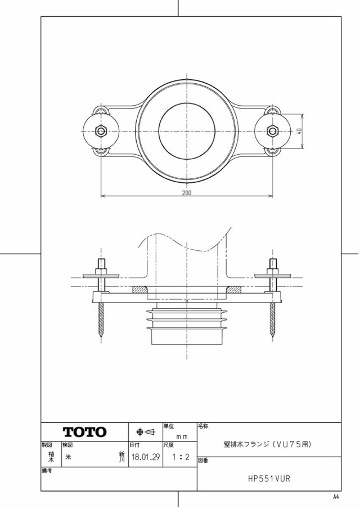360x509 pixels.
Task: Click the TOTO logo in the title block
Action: point(84,432)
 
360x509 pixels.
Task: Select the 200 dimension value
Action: point(187,192)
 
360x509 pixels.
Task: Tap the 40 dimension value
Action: point(299,131)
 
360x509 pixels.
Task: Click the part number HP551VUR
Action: point(269,478)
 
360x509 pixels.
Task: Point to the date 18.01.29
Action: point(146,457)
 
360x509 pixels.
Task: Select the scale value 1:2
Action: point(181,457)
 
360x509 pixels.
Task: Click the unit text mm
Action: point(182,436)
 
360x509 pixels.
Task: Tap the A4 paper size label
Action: point(336,496)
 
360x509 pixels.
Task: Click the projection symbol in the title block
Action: point(146,432)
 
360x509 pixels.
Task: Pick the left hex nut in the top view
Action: point(101,131)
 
